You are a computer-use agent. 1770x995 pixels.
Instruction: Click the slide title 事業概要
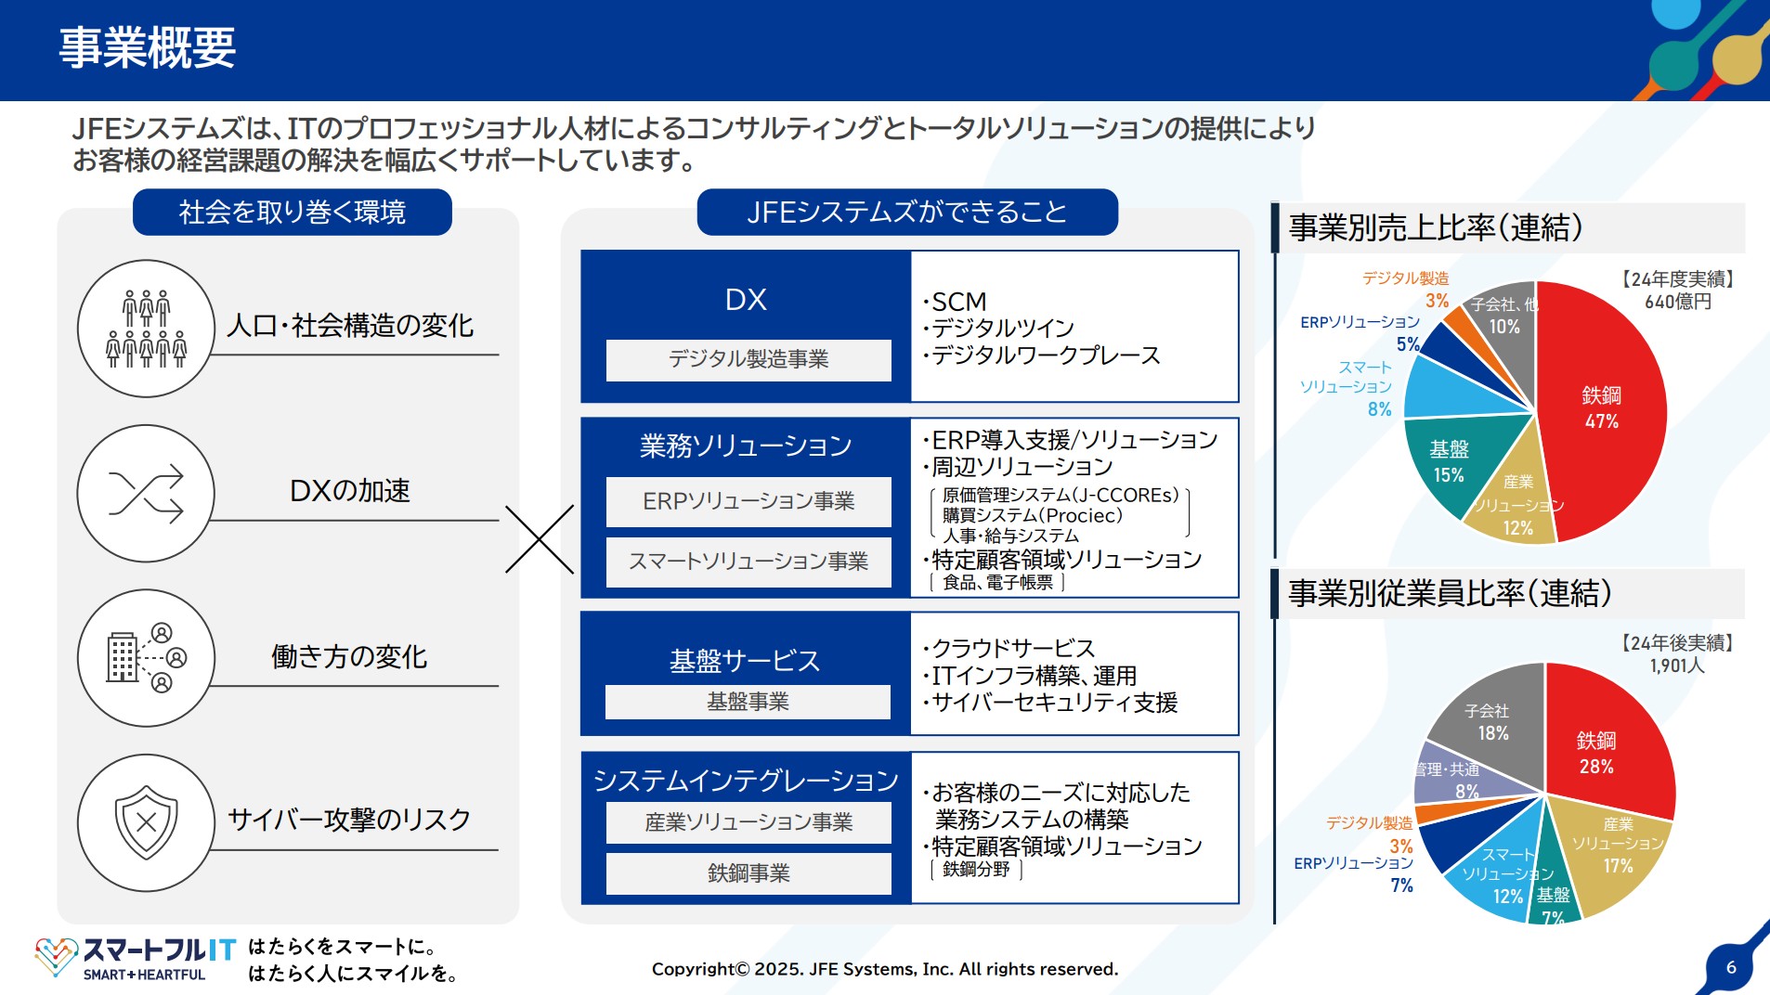(147, 48)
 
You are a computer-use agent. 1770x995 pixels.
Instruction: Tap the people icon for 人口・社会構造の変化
(146, 329)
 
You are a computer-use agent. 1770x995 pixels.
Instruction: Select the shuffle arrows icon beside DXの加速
(146, 493)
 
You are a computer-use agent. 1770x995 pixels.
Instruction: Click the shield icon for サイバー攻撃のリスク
(146, 822)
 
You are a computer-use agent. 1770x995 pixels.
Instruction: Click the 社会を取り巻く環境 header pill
(292, 213)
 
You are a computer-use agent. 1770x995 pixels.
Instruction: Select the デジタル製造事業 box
(748, 359)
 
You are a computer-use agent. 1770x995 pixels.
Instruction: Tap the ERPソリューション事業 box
(748, 501)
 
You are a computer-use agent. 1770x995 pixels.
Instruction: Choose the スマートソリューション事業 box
(748, 562)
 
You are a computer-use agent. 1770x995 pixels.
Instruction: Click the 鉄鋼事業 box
(748, 872)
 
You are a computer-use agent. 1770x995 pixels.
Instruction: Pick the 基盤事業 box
(748, 702)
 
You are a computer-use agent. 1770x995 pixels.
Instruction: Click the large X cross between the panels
(540, 539)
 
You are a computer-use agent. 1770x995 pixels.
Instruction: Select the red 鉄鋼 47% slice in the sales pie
(1601, 408)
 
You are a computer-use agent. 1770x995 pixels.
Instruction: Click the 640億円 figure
(1677, 302)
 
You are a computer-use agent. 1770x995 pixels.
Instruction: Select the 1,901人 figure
(1677, 665)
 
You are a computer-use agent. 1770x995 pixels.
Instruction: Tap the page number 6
(1731, 967)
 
